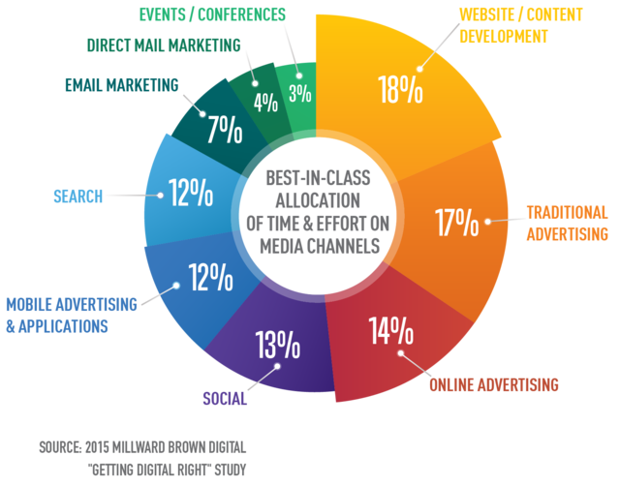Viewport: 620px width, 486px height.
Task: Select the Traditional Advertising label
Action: click(x=567, y=223)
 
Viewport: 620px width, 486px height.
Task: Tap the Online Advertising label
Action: click(x=494, y=384)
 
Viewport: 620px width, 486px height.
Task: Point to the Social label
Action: click(x=225, y=398)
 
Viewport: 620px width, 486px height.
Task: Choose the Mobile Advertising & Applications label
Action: click(x=71, y=316)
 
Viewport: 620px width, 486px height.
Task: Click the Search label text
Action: click(x=77, y=197)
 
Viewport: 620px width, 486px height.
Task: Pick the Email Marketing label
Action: click(x=121, y=85)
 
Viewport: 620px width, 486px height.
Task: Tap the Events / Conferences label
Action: click(x=212, y=14)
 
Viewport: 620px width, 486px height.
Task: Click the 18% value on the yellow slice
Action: click(x=400, y=89)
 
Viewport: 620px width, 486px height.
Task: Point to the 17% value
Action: click(x=456, y=222)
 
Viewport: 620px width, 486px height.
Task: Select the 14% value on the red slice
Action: click(x=391, y=331)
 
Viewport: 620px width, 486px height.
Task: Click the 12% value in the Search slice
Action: click(x=191, y=193)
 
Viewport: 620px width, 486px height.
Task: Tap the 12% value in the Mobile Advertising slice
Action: click(x=210, y=278)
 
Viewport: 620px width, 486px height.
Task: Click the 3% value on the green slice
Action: click(x=299, y=93)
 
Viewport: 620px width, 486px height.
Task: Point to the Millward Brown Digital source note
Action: click(x=142, y=459)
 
